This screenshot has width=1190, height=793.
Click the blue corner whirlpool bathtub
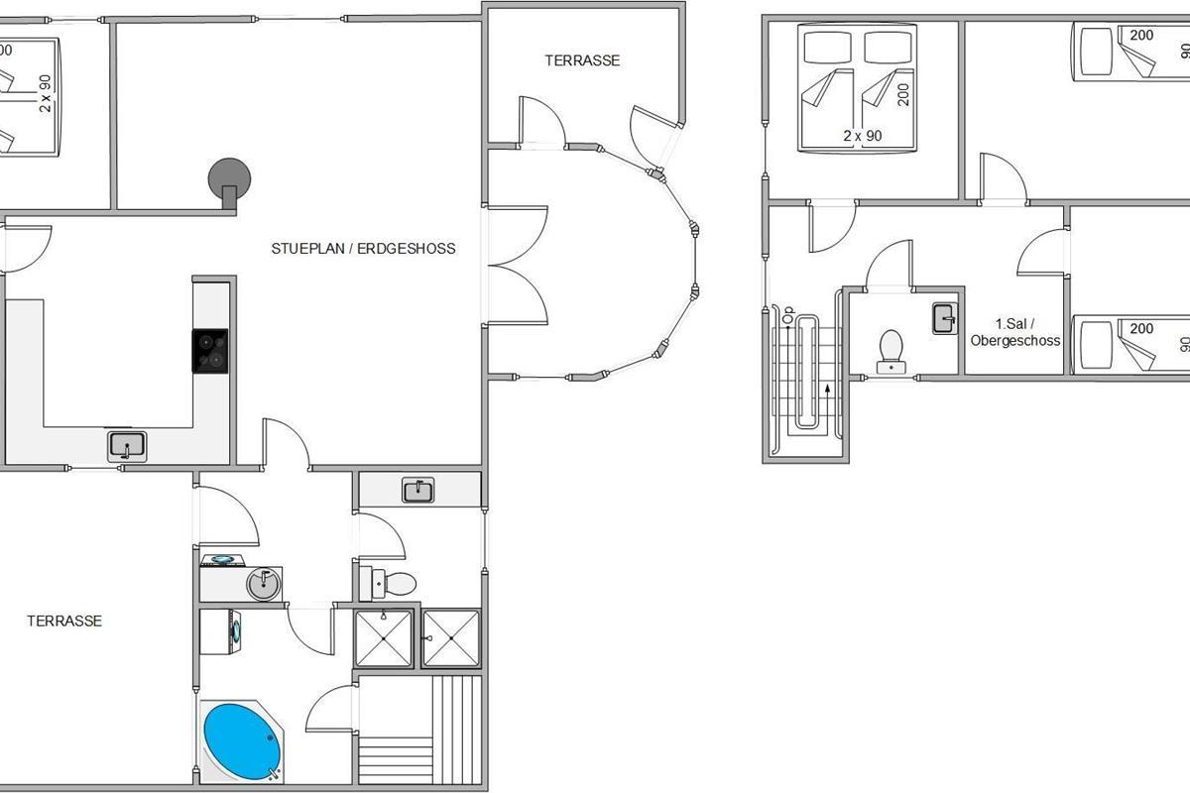coord(242,741)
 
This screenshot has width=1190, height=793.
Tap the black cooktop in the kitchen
coord(210,351)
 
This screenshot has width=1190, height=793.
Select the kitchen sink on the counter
coord(127,446)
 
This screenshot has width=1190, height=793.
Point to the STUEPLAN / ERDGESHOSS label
coord(363,249)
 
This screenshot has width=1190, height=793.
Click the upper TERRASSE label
coord(582,60)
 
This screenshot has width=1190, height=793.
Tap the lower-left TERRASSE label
coord(64,621)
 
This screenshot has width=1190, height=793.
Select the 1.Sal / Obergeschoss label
coord(1015,332)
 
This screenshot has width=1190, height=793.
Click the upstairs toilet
coord(891,352)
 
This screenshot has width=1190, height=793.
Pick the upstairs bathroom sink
coord(945,318)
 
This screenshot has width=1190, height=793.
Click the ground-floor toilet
coord(388,583)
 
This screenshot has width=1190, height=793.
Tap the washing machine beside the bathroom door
coord(220,631)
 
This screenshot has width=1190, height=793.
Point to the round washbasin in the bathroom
coord(264,584)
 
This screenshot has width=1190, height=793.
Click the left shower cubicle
coord(384,638)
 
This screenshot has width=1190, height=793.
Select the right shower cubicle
coord(451,638)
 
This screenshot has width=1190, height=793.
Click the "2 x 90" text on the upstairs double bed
coord(863,136)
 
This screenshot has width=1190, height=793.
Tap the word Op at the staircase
coord(787,313)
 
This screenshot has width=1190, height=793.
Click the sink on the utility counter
coord(418,490)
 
